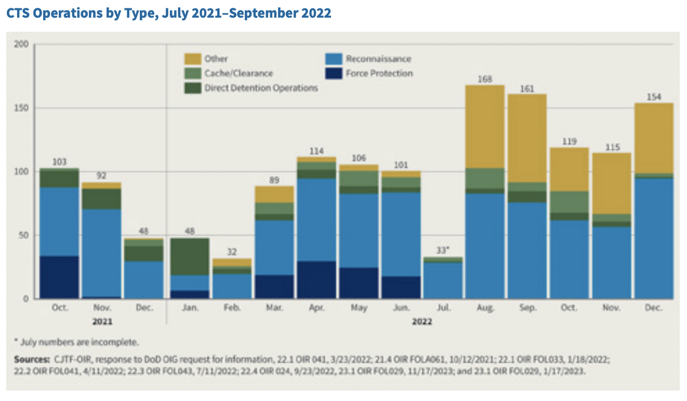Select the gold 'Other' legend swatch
point(193,59)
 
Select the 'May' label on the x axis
point(359,308)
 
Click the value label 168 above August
point(484,79)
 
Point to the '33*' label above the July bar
point(443,249)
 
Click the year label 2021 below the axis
point(102,322)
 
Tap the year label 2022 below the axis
point(421,322)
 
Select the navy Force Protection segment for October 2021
point(59,277)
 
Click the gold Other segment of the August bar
point(484,126)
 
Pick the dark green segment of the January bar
point(190,257)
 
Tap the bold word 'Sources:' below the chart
point(31,359)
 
